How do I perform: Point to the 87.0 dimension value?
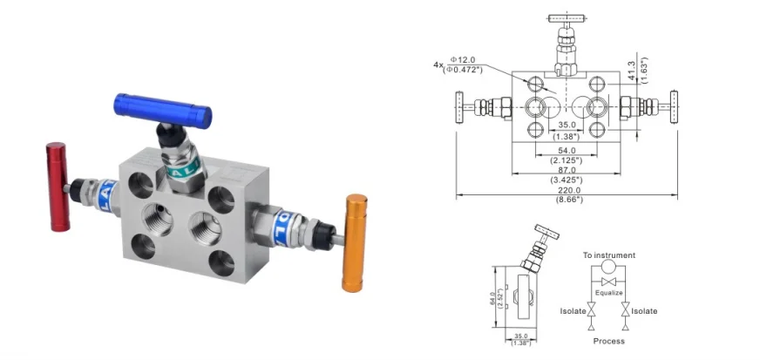tap(567, 170)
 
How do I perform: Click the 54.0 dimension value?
tap(567, 150)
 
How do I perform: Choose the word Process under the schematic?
tap(609, 341)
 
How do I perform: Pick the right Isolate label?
tap(644, 311)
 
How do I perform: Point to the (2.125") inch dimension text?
tap(567, 160)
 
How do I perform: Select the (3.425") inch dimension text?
tap(567, 180)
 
